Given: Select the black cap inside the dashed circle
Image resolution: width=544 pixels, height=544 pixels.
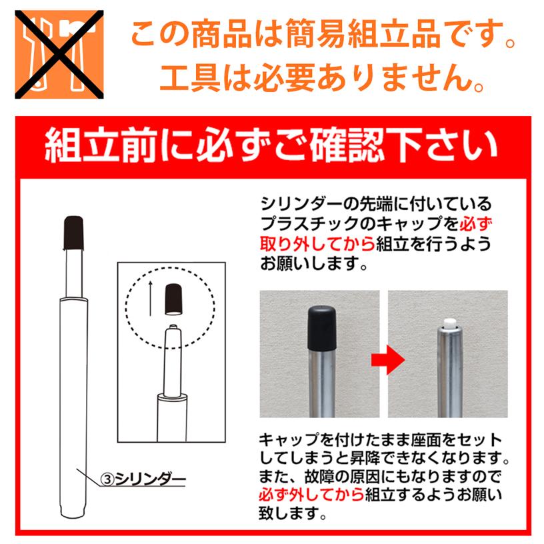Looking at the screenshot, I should click(x=173, y=297).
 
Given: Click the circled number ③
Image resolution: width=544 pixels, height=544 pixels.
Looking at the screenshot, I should click(x=109, y=477).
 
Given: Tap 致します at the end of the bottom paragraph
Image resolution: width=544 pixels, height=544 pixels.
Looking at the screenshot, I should click(x=287, y=515).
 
